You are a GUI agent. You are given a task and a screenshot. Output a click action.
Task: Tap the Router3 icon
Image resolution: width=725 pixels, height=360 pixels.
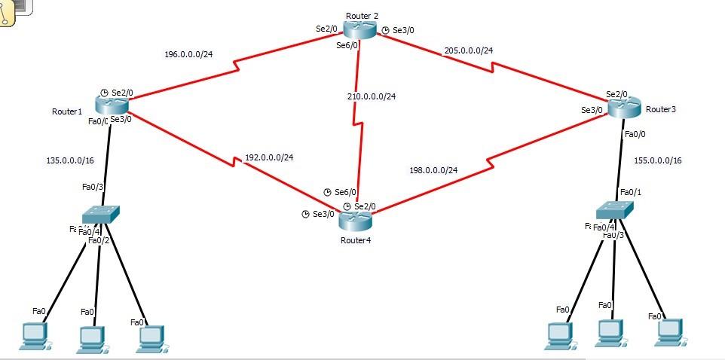[x=623, y=108]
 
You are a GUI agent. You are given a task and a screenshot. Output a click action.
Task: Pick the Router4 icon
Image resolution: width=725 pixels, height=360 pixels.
[x=355, y=221]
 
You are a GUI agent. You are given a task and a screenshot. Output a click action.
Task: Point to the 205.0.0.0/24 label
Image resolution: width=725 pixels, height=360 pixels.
[x=469, y=50]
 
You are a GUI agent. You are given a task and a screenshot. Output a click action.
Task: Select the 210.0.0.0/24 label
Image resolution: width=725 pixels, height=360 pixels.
[x=372, y=96]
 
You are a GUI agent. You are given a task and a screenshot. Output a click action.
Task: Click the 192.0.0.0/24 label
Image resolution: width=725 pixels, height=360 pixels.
[x=269, y=158]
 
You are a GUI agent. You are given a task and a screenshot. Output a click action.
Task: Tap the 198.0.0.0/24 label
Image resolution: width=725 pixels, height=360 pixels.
[x=433, y=170]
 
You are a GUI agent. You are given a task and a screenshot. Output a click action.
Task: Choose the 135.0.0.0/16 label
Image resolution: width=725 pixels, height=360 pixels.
[x=70, y=160]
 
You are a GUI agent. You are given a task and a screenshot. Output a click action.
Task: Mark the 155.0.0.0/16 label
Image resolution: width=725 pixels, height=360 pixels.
[x=658, y=160]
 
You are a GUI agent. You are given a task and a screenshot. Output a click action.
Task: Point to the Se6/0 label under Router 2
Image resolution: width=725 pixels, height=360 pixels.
[x=347, y=45]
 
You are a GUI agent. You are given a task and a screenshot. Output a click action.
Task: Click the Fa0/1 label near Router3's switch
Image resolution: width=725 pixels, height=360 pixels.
[x=631, y=192]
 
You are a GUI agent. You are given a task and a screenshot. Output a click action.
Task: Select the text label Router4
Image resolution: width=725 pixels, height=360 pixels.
[x=355, y=240]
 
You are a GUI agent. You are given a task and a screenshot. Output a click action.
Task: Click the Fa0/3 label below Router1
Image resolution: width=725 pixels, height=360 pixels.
[x=93, y=187]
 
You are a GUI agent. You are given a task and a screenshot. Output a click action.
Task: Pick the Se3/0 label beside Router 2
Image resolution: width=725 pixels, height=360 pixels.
[x=403, y=30]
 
